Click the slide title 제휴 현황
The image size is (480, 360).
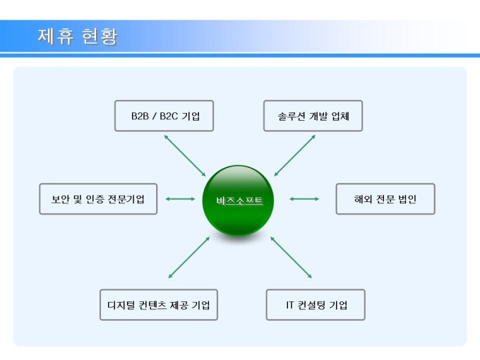click(78, 36)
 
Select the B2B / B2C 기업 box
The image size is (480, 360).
click(164, 116)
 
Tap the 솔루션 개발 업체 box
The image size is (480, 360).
click(313, 116)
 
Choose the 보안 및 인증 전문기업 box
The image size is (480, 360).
click(98, 199)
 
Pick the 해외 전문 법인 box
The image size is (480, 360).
click(385, 199)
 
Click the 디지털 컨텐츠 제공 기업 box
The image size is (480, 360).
click(158, 305)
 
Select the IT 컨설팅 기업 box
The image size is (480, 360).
click(316, 305)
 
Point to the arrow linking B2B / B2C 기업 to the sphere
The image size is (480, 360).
click(184, 155)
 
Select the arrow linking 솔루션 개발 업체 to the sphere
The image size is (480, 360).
click(295, 155)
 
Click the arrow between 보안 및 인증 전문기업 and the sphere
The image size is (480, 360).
click(181, 199)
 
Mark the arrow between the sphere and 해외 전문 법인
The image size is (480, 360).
click(304, 199)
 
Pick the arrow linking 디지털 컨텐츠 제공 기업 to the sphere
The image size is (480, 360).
click(189, 257)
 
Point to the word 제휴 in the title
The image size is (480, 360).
click(55, 36)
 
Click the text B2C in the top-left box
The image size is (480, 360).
click(169, 116)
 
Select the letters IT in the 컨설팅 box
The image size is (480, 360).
click(289, 305)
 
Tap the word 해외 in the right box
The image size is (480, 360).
click(364, 199)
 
